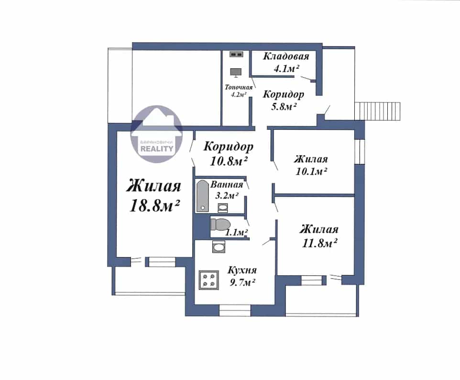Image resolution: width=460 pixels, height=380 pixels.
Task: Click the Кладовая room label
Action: [x=286, y=56]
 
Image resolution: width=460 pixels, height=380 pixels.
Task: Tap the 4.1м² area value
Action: [x=286, y=69]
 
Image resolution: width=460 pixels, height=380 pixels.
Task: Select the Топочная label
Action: [x=239, y=88]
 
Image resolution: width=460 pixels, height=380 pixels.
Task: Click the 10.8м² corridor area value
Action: [x=229, y=161]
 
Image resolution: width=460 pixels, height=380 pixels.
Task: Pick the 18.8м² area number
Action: [x=154, y=205]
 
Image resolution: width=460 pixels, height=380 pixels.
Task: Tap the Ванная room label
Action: [x=227, y=185]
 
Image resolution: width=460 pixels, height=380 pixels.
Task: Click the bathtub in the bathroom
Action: [x=202, y=196]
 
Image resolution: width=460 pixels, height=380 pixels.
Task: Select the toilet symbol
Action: [x=220, y=224]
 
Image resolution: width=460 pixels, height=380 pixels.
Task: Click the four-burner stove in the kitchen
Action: [x=208, y=280]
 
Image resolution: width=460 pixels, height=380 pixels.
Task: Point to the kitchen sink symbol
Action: [x=219, y=247]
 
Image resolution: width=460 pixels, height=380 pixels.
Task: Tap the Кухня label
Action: [x=242, y=270]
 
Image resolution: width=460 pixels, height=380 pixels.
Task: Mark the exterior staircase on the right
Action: [x=377, y=111]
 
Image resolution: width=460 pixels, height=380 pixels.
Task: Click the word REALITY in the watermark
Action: [x=157, y=148]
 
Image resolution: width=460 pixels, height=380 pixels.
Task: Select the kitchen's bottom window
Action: [x=235, y=311]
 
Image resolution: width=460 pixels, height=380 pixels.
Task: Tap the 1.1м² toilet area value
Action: [x=236, y=233]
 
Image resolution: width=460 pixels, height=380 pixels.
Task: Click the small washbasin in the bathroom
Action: [x=223, y=208]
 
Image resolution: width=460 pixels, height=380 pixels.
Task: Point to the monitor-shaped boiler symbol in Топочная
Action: [x=236, y=73]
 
